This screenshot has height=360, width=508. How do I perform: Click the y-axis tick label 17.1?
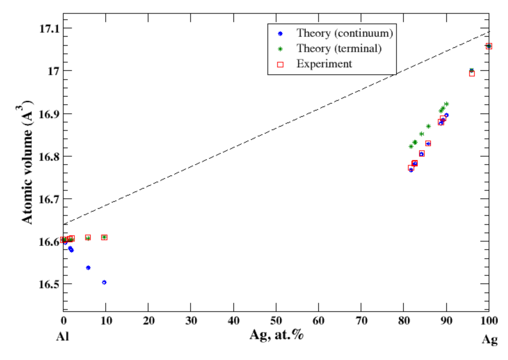(x=49, y=29)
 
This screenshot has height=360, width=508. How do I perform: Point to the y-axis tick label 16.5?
(x=49, y=284)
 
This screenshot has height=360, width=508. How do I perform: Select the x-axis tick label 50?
(x=276, y=321)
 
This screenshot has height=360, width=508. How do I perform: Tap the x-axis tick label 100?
(x=489, y=321)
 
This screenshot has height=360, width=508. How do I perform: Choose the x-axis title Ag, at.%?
(x=277, y=335)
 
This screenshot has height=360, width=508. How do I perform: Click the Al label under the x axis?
(x=63, y=336)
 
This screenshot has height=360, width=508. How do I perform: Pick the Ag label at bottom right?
(x=489, y=339)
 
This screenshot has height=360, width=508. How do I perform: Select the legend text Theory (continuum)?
(x=344, y=33)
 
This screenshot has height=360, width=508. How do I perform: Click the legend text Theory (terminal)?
(x=339, y=48)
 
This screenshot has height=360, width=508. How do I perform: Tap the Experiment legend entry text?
(x=324, y=64)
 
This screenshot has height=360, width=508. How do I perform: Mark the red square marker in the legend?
(x=280, y=64)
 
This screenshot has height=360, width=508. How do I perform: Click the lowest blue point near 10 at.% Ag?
(x=104, y=282)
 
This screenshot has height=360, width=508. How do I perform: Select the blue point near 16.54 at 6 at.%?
(x=88, y=268)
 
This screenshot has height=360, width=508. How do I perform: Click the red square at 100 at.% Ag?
(x=489, y=46)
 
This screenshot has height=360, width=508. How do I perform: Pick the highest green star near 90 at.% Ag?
(x=446, y=104)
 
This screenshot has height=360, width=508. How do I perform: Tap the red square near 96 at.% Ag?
(x=472, y=73)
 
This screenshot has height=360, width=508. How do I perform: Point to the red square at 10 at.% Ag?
(x=104, y=237)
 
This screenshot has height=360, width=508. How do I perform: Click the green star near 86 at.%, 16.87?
(x=428, y=126)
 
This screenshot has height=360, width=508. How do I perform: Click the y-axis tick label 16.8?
(x=49, y=157)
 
